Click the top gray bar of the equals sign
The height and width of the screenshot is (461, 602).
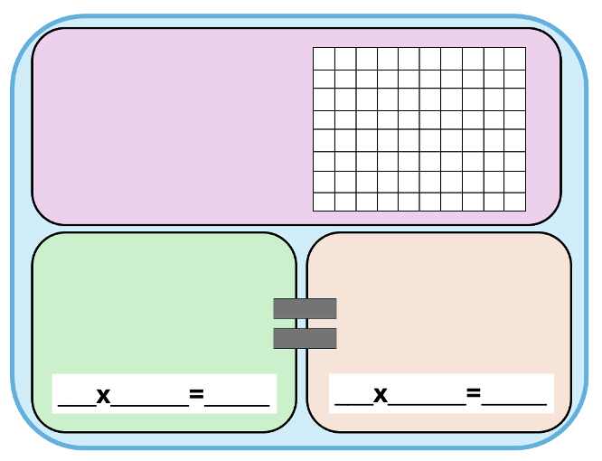[x=305, y=308]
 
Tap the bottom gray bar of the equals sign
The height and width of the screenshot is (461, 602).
[x=305, y=338]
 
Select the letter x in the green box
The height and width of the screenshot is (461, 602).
[x=103, y=395]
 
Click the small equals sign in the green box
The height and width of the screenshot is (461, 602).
[x=196, y=395]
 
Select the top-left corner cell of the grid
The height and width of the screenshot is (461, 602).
[x=324, y=58]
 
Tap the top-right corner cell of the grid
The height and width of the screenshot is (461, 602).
[x=515, y=58]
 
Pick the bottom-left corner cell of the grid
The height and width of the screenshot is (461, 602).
[x=324, y=202]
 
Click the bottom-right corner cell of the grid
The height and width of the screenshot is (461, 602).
[x=515, y=202]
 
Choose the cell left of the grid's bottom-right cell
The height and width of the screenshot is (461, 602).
[x=494, y=202]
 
